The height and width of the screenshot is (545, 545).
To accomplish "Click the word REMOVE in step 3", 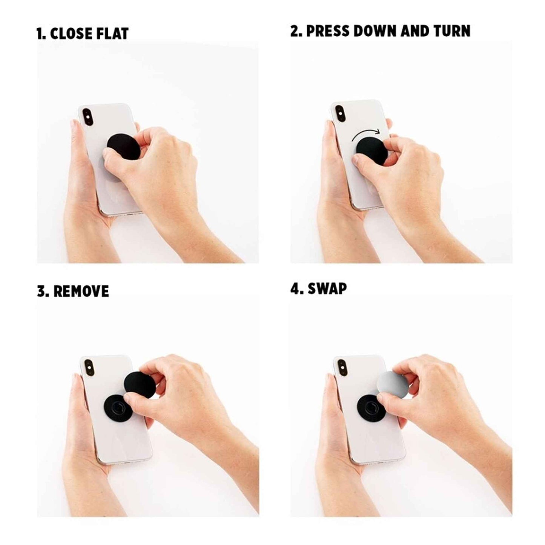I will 81,291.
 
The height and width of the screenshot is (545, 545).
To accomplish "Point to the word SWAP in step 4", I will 327,289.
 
